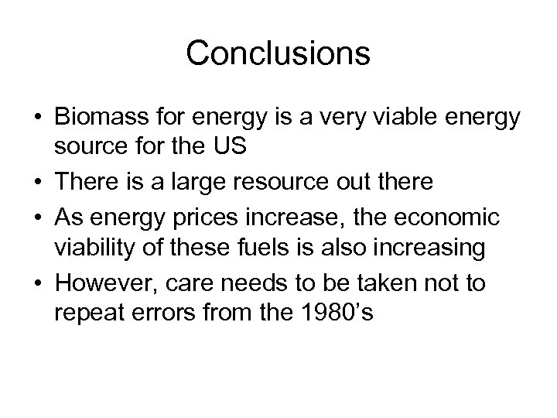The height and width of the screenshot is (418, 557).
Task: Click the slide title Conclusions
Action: point(278,53)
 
